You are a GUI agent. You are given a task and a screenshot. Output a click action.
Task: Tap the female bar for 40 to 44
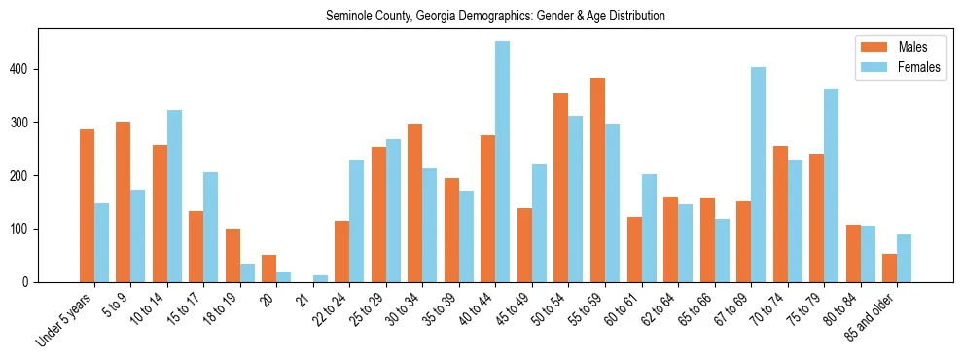pyautogui.click(x=503, y=162)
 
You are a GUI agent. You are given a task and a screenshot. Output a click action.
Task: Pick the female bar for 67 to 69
pyautogui.click(x=758, y=174)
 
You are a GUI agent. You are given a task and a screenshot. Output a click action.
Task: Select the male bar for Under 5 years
pyautogui.click(x=87, y=205)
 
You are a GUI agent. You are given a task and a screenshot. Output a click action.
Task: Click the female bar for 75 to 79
pyautogui.click(x=831, y=185)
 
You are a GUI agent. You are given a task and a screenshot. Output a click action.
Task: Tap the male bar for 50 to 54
pyautogui.click(x=561, y=188)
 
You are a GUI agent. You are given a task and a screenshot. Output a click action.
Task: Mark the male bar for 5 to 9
pyautogui.click(x=124, y=201)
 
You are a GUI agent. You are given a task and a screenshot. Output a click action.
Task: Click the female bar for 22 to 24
pyautogui.click(x=357, y=221)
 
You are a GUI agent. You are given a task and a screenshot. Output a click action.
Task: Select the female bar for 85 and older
pyautogui.click(x=904, y=258)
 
